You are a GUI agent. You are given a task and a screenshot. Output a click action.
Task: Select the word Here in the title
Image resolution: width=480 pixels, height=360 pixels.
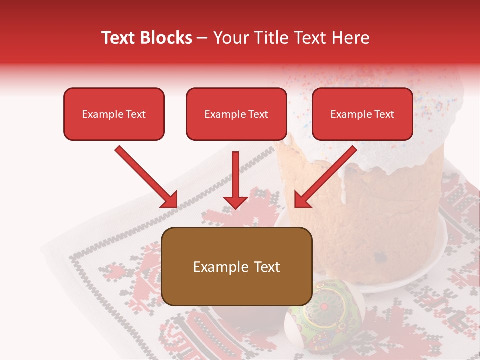(350, 38)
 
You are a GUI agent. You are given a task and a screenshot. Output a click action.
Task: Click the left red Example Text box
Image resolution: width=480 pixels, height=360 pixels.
(114, 114)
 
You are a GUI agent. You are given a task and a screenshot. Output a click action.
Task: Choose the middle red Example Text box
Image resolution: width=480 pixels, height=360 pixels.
(236, 114)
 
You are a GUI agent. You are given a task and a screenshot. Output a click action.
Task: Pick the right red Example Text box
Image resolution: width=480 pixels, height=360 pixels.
(362, 114)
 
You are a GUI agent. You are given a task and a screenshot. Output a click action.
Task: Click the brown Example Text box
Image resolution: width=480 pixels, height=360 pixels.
(237, 267)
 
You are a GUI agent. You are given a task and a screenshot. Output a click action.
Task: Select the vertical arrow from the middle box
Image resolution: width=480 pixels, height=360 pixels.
(235, 180)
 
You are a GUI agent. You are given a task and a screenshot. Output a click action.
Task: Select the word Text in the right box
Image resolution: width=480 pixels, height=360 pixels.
(384, 114)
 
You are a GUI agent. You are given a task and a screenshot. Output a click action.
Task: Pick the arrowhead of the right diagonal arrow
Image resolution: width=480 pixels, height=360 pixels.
(301, 200)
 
